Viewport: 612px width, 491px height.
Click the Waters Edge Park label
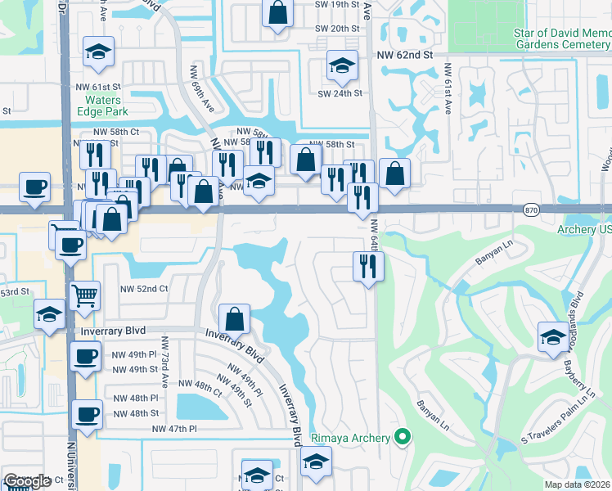[104, 106]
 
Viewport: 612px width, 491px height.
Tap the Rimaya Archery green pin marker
[401, 437]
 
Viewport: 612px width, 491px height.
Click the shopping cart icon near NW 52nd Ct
[85, 296]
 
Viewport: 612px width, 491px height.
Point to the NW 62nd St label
[404, 55]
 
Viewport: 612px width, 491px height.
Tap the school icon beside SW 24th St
[342, 67]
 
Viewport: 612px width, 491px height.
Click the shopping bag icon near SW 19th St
[277, 13]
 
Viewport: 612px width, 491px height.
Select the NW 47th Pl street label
[175, 428]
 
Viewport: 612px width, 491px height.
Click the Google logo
[27, 481]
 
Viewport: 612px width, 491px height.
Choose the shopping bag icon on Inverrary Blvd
[235, 319]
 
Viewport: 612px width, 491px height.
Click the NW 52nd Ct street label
[144, 288]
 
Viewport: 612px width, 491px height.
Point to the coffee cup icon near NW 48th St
[87, 414]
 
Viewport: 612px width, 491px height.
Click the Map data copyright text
[578, 484]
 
